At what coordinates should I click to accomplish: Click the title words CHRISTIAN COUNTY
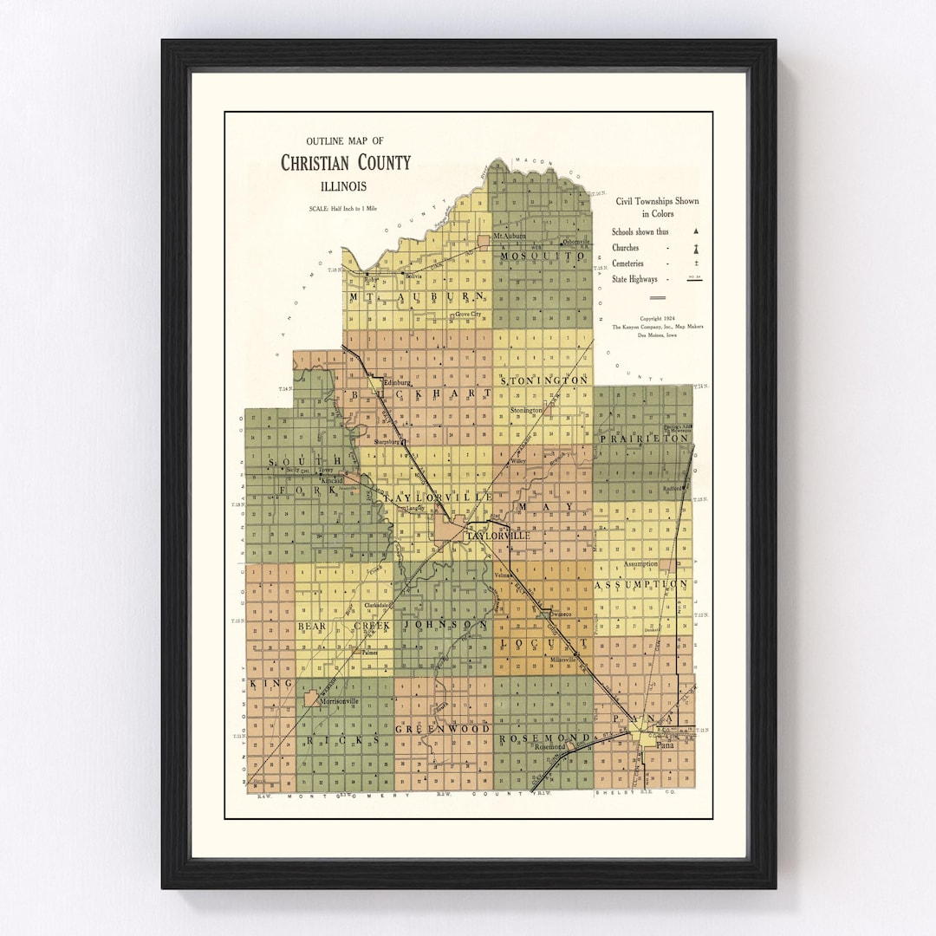[x=346, y=163]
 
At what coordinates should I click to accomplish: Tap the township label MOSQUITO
[x=541, y=257]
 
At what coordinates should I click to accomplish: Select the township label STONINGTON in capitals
[x=545, y=380]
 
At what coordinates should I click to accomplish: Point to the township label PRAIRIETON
[x=646, y=439]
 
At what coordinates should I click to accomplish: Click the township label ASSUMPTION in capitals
[x=641, y=584]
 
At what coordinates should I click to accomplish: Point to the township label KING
[x=259, y=684]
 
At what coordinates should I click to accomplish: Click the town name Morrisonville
[x=340, y=700]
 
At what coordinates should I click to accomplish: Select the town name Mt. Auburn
[x=510, y=236]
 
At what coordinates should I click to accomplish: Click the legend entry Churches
[x=625, y=248]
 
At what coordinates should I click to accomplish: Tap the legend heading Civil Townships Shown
[x=657, y=201]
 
